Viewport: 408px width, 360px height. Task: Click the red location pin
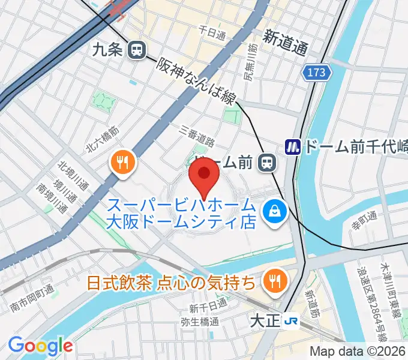[x=203, y=177]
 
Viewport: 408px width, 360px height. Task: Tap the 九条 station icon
[x=137, y=50]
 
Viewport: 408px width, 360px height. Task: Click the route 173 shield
[x=316, y=73]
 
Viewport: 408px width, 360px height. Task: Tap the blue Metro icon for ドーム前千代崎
[x=293, y=146]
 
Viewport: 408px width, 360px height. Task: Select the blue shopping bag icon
[x=274, y=211]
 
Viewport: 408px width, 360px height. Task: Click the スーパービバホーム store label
[x=182, y=213]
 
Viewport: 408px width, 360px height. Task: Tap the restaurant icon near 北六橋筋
[x=122, y=162]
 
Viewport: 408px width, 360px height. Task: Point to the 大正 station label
[x=264, y=320]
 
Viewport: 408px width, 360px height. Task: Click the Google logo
[x=40, y=346]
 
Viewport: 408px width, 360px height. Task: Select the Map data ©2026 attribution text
[x=358, y=352]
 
